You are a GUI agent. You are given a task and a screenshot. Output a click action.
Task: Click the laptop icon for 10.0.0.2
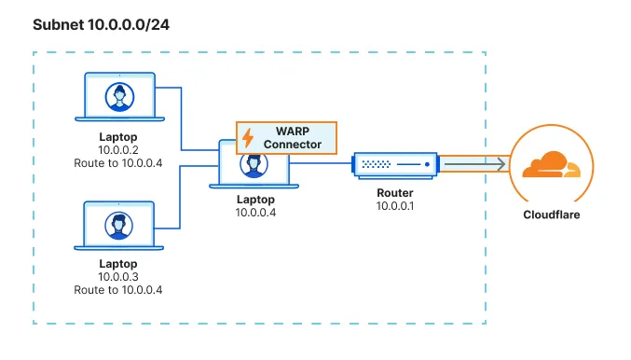(117, 98)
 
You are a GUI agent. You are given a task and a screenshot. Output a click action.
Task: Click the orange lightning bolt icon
(248, 138)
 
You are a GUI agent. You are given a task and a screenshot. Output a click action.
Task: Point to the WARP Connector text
(292, 138)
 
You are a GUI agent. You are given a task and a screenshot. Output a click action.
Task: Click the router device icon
(395, 165)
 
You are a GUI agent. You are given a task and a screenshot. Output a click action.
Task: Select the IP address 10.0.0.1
(395, 204)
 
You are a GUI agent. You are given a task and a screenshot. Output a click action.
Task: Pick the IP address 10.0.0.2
(117, 149)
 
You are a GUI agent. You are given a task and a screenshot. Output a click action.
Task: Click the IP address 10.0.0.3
(117, 277)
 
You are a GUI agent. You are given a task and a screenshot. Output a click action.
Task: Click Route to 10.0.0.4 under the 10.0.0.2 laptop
(117, 163)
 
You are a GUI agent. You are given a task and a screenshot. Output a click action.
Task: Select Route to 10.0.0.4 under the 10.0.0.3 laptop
(117, 291)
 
